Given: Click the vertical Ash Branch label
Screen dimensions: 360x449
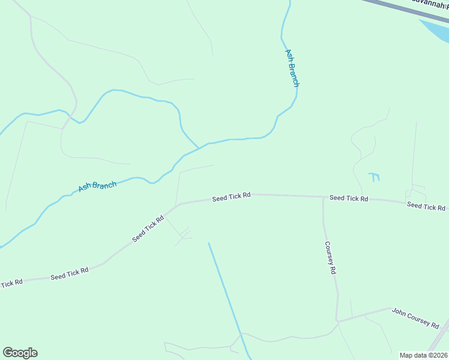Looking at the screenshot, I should [x=292, y=68].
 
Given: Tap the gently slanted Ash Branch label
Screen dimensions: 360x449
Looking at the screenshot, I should [x=97, y=186].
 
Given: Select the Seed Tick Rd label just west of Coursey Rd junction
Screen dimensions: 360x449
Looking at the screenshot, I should [x=231, y=197].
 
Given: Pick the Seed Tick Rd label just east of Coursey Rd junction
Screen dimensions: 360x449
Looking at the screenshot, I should [x=348, y=198].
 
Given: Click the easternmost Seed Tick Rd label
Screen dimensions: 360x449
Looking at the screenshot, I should [x=426, y=206].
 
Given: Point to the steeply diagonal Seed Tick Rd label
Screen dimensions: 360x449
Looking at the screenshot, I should [x=148, y=229].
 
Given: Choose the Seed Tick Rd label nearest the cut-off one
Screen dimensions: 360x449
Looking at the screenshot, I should [x=69, y=274].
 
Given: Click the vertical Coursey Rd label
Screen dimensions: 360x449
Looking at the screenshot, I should [x=330, y=258].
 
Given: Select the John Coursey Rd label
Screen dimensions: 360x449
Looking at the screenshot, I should [x=415, y=317].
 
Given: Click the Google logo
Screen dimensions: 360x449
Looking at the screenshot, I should [x=20, y=353].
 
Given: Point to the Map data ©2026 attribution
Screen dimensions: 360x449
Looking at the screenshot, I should [x=424, y=355].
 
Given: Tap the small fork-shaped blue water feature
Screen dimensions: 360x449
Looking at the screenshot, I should [x=374, y=176].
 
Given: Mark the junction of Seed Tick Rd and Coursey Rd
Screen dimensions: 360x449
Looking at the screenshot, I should [x=323, y=197].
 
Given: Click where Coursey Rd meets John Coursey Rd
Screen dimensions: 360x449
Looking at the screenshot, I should [x=337, y=321].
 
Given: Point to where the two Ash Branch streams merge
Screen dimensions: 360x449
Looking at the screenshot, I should [x=199, y=148].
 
